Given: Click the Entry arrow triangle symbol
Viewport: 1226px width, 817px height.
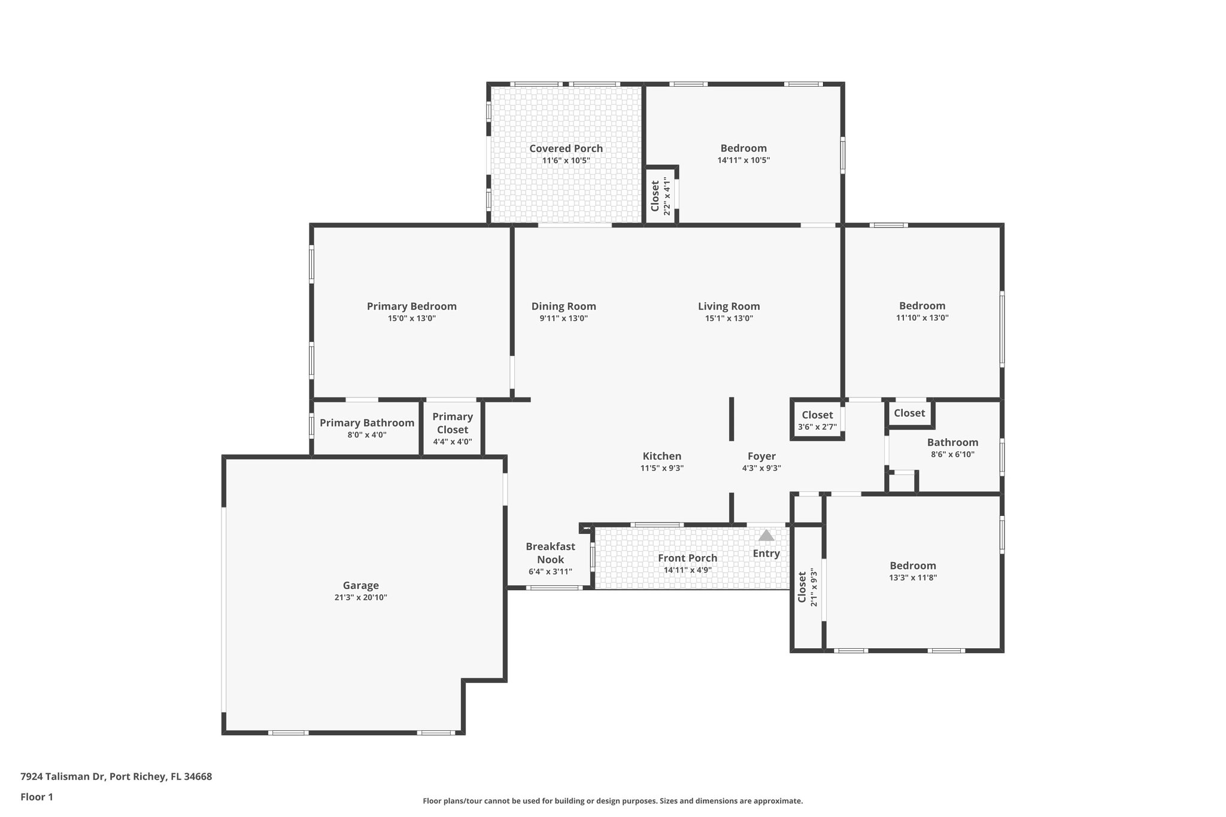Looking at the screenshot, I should click(x=766, y=536).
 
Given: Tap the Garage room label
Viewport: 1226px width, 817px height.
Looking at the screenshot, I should click(x=360, y=585).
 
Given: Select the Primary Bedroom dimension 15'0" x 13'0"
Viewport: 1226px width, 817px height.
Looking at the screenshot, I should click(x=411, y=318).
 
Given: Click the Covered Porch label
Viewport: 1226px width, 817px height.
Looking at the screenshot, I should click(x=566, y=148).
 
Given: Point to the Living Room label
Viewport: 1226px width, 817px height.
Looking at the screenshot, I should click(x=729, y=306).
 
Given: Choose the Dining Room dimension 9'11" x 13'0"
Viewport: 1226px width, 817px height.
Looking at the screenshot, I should click(x=563, y=318).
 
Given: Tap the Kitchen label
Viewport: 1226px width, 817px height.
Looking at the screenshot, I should click(x=661, y=456).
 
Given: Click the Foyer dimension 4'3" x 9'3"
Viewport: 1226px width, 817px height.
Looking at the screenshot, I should click(x=761, y=468).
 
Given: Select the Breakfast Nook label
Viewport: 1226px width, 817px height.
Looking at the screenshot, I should click(x=550, y=552).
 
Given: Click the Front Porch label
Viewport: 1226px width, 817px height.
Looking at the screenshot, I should click(x=687, y=558).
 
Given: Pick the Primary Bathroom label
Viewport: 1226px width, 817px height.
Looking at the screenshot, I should click(x=366, y=423).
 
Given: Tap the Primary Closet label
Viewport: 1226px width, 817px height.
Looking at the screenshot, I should click(x=453, y=423).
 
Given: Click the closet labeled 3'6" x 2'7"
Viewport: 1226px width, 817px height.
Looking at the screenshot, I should click(x=817, y=421).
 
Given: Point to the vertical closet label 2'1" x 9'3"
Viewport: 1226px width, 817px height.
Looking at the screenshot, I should click(x=808, y=587).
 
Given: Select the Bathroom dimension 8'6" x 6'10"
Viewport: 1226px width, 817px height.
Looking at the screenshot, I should click(x=952, y=454).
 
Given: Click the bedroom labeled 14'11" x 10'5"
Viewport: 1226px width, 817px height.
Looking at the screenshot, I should click(x=744, y=154).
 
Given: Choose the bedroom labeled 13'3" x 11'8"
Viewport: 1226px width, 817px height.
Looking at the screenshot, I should click(x=912, y=571).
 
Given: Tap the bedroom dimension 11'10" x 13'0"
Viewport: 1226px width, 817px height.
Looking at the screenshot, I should click(x=922, y=318).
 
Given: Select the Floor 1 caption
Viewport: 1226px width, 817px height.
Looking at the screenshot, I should click(x=37, y=797).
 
